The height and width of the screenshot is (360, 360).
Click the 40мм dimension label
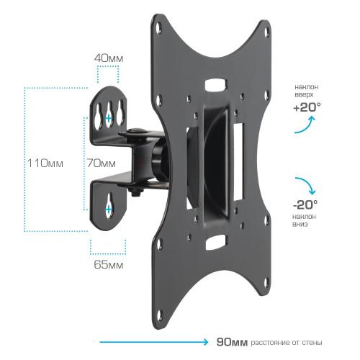click(x=109, y=58)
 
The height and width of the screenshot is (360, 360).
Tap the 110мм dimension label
click(x=45, y=163)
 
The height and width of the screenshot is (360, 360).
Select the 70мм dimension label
click(x=101, y=163)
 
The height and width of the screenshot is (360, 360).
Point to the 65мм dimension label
click(x=109, y=265)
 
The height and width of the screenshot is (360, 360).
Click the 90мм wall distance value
click(x=232, y=342)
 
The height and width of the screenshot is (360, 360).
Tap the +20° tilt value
click(x=307, y=107)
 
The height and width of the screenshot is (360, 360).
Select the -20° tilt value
click(x=305, y=204)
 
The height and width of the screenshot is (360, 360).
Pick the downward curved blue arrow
click(x=307, y=184)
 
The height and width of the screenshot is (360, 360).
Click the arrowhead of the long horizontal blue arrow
click(x=205, y=342)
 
